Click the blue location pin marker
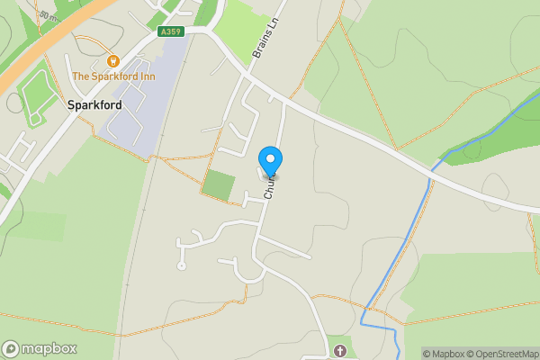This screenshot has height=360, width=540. point(270,160)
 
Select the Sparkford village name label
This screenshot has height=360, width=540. point(94,104)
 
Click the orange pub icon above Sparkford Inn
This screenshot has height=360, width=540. point(113,61)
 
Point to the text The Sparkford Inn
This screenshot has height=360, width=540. point(113,76)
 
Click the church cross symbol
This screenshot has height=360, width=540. point(340,350)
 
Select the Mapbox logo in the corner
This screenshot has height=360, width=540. point(40,349)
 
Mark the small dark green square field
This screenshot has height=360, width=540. point(219,184)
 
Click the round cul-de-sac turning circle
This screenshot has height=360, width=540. point(182,265)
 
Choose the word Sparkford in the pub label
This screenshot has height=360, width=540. point(113,76)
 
